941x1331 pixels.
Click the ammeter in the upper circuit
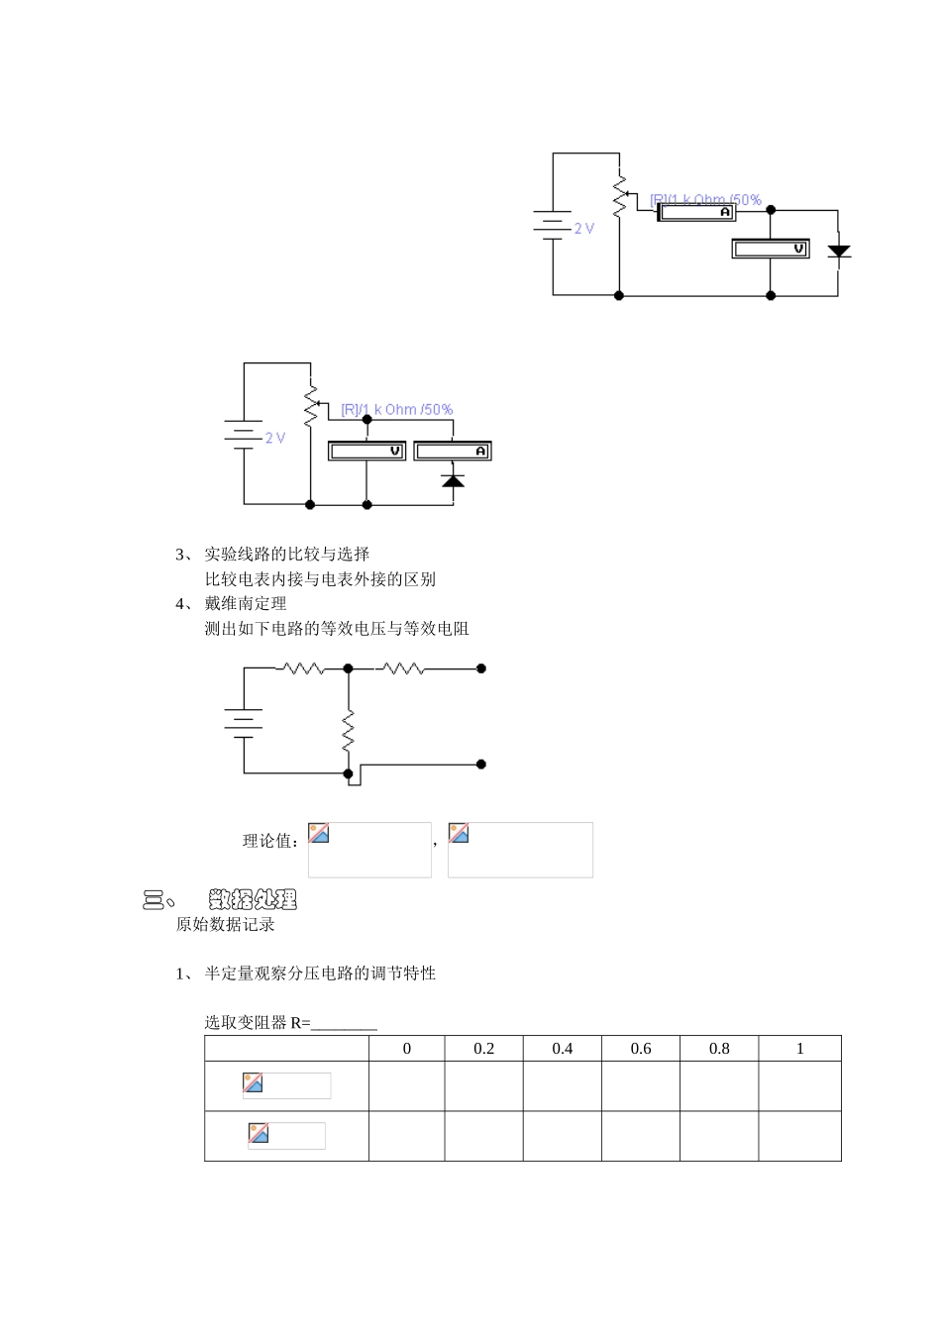tap(697, 212)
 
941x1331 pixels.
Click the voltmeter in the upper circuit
tap(771, 249)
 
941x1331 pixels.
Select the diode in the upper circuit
tap(839, 251)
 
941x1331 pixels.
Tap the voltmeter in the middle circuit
tap(366, 451)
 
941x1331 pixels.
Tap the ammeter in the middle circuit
tap(452, 451)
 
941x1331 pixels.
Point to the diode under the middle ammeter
tap(453, 480)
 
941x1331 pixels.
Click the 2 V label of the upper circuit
tap(584, 228)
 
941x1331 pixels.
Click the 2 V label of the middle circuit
tap(274, 437)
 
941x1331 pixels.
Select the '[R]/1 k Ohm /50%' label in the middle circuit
tap(396, 409)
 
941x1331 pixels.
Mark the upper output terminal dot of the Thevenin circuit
tap(481, 668)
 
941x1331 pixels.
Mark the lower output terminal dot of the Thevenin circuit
tap(481, 765)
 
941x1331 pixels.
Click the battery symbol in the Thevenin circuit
tap(244, 722)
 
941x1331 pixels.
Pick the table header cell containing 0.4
tap(562, 1049)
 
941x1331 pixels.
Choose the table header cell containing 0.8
tap(719, 1049)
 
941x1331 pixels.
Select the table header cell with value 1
tap(799, 1049)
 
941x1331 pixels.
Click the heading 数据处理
tap(253, 899)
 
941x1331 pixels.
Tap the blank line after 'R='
tap(344, 1024)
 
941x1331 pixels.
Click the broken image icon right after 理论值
tap(319, 834)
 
